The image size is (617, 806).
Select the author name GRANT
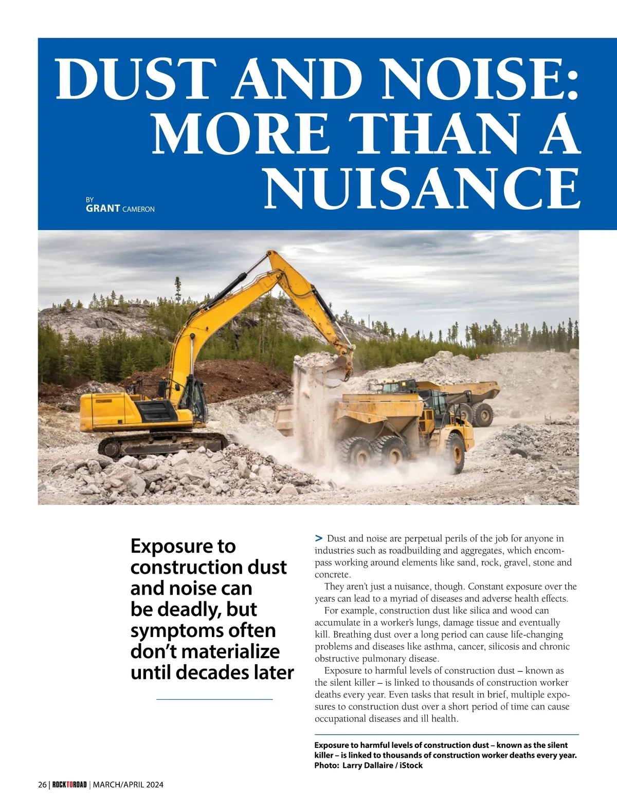[103, 209]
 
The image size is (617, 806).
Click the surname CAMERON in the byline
[138, 209]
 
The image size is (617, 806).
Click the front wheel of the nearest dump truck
[455, 453]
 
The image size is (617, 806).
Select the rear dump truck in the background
[463, 398]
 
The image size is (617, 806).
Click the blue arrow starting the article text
[319, 538]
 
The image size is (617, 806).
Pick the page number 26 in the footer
[42, 784]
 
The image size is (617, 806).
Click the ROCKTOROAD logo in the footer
[69, 784]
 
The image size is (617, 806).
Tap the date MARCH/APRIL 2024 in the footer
[128, 784]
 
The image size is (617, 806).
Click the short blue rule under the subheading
[214, 699]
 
